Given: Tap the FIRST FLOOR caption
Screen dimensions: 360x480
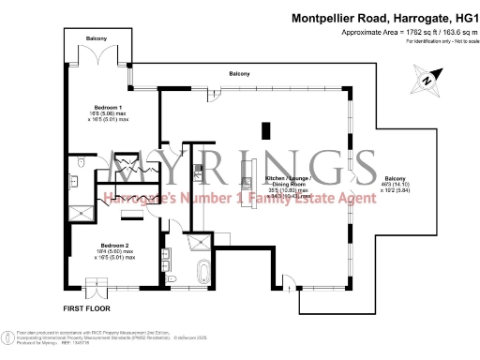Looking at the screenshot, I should click(89, 307).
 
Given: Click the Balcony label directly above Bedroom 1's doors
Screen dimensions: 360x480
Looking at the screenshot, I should click(97, 38).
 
